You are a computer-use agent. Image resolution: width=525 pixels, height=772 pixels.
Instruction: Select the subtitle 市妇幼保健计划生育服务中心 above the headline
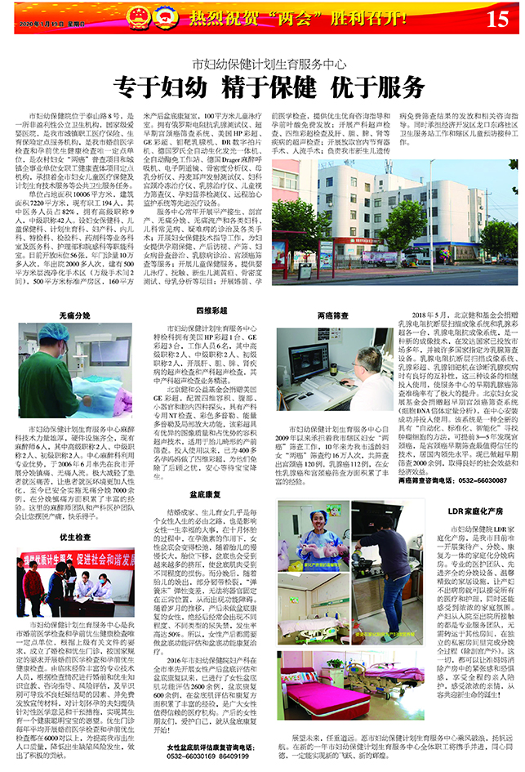[x=262, y=63]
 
